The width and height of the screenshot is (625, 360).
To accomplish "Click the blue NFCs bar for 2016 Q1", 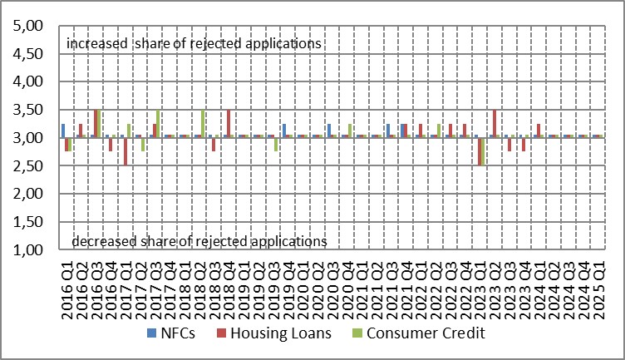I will [x=63, y=131].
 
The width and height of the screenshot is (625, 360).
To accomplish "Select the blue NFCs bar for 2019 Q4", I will [x=283, y=131].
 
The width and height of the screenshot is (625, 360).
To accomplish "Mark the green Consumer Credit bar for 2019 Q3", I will [x=275, y=144].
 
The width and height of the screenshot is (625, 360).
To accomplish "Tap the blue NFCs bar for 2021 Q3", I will [x=387, y=131].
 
